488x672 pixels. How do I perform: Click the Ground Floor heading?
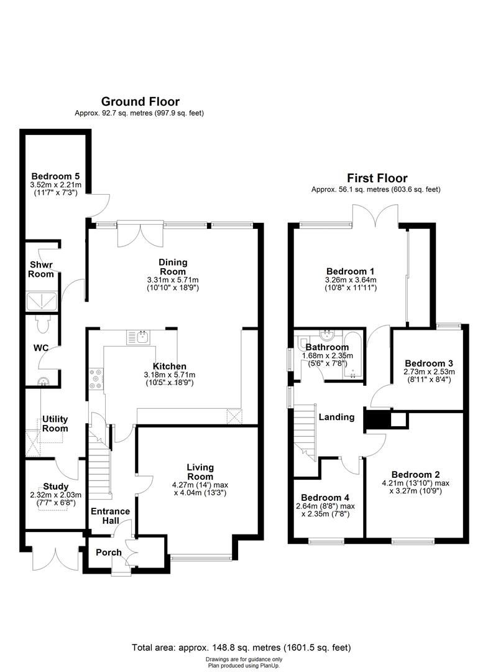pyautogui.click(x=140, y=101)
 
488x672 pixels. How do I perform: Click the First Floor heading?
pyautogui.click(x=377, y=178)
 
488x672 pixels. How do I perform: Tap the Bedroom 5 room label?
pyautogui.click(x=52, y=176)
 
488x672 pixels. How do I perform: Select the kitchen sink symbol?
pyautogui.click(x=138, y=337)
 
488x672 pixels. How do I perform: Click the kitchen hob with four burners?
pyautogui.click(x=97, y=379)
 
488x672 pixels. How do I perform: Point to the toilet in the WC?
pyautogui.click(x=43, y=325)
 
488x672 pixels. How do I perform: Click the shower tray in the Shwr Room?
pyautogui.click(x=42, y=302)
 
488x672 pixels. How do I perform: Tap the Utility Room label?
pyautogui.click(x=55, y=424)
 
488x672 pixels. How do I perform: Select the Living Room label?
pyautogui.click(x=200, y=471)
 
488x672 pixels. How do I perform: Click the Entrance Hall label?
pyautogui.click(x=110, y=516)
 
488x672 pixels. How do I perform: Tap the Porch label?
pyautogui.click(x=108, y=552)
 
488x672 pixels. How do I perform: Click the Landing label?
pyautogui.click(x=338, y=417)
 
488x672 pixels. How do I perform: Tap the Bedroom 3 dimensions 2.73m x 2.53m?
pyautogui.click(x=430, y=374)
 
